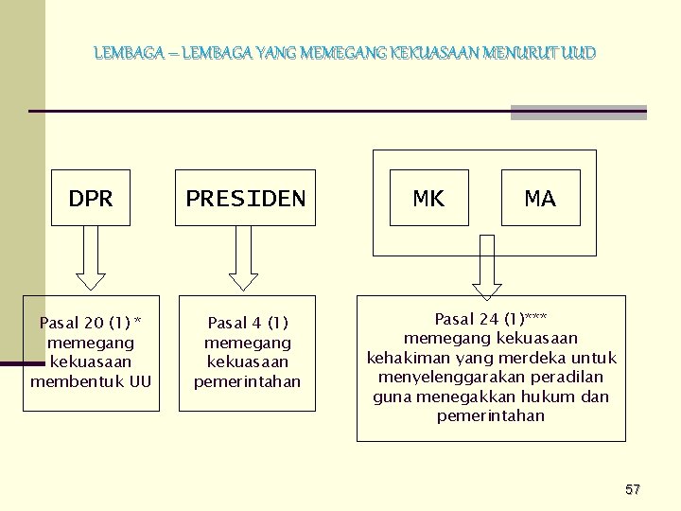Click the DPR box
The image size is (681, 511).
pyautogui.click(x=91, y=199)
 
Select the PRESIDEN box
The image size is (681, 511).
pyautogui.click(x=246, y=199)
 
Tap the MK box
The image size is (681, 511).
pyautogui.click(x=428, y=199)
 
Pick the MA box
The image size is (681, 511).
pyautogui.click(x=540, y=199)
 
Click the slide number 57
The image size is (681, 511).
pyautogui.click(x=633, y=489)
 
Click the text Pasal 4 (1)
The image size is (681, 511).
pyautogui.click(x=247, y=323)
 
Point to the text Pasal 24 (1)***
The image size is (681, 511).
pyautogui.click(x=490, y=318)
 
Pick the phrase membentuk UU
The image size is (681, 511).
pyautogui.click(x=91, y=381)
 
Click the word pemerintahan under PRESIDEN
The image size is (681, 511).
pyautogui.click(x=247, y=381)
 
